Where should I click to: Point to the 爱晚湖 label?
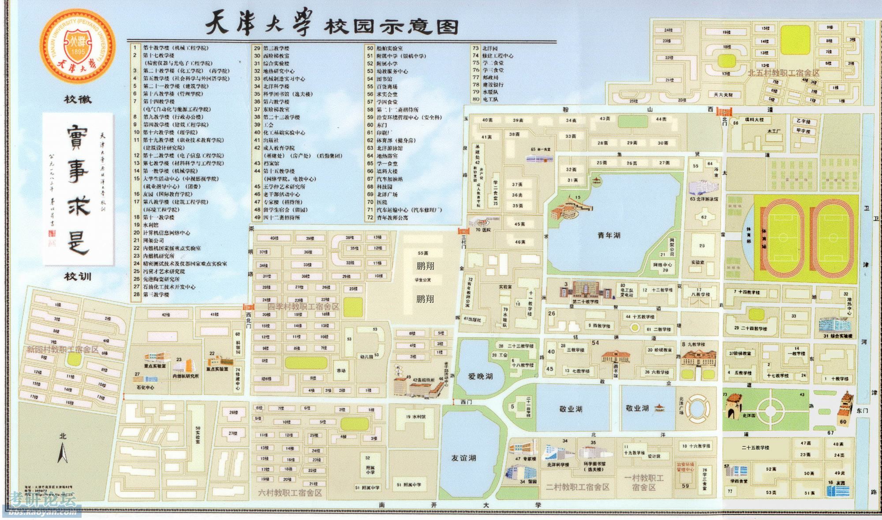coord(480,377)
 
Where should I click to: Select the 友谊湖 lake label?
coord(463,458)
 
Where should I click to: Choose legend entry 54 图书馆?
coord(380,79)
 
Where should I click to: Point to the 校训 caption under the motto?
coord(78,277)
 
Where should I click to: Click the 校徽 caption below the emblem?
coord(78,100)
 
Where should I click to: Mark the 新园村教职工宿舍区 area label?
coord(63,349)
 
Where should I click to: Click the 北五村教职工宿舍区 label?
coord(783,73)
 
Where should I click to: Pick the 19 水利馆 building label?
coord(416,416)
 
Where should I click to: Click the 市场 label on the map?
coord(341,371)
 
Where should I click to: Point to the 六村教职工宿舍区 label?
coord(290,493)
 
